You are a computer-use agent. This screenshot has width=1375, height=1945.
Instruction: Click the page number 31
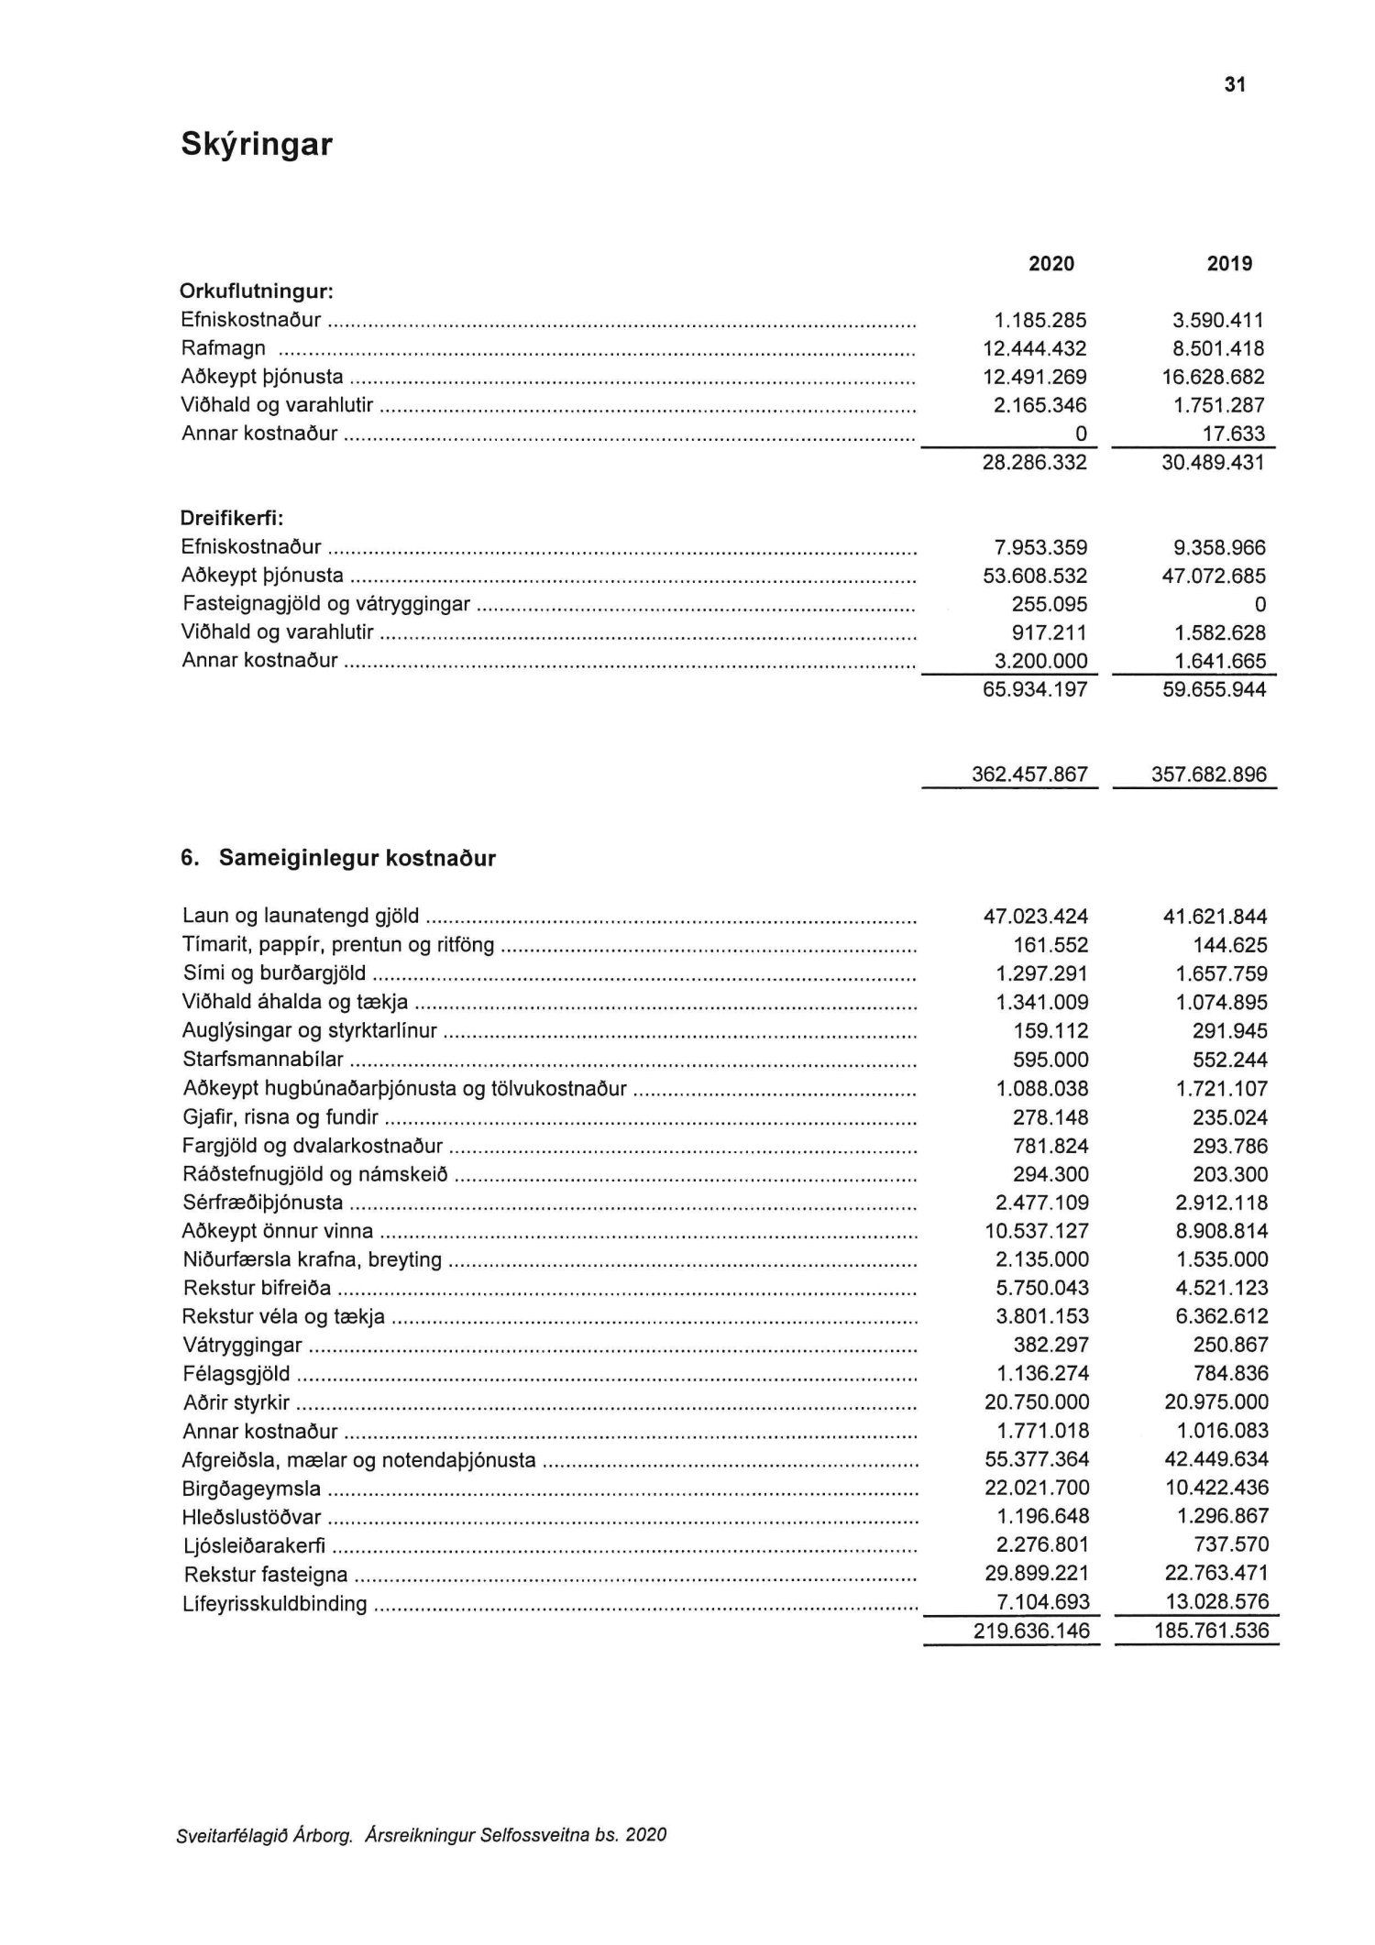1235,85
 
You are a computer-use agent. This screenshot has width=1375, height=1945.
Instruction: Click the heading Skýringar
257,144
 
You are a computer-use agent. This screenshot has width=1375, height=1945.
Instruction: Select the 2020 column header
1051,264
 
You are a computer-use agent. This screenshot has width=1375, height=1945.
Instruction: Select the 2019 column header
1229,264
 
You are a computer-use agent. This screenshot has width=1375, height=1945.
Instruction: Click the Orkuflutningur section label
257,291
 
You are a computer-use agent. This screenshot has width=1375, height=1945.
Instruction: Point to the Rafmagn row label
224,348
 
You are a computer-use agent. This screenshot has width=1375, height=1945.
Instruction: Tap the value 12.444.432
1035,348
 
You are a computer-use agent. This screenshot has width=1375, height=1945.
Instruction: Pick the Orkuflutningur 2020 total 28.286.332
1035,462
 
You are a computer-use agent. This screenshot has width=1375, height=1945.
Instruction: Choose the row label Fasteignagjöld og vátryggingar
326,604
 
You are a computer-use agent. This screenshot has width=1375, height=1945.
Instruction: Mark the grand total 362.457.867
1029,775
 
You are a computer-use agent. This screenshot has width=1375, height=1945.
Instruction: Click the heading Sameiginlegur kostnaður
357,858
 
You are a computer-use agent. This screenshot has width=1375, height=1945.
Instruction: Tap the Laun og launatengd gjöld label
301,915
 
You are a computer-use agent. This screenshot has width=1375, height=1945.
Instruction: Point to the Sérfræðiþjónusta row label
262,1202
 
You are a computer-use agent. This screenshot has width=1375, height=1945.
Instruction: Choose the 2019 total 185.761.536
1211,1631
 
